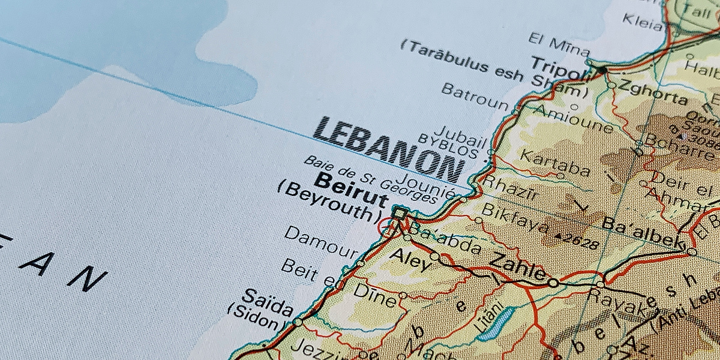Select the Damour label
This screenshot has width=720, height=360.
pos(320,242)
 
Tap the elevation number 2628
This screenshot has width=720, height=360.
pos(579,241)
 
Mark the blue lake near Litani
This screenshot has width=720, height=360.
pos(496,324)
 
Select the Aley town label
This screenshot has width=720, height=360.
pos(410,260)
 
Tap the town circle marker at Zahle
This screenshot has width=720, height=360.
pos(553,283)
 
